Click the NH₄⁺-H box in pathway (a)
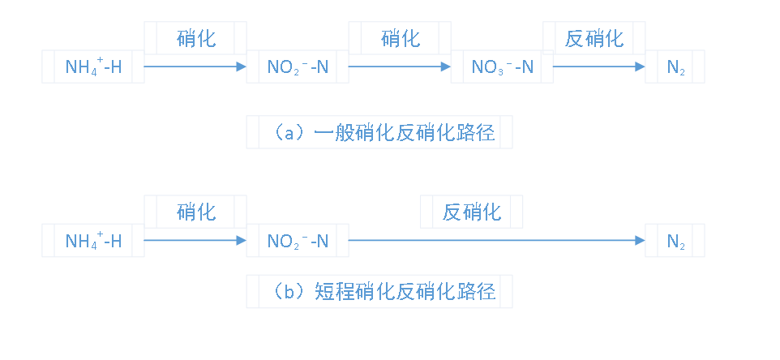(93, 66)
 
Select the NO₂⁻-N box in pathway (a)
(298, 66)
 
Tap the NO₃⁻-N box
(502, 66)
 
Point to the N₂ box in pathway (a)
(675, 66)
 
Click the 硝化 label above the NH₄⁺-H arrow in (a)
(195, 37)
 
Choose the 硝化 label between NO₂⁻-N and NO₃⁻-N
(400, 37)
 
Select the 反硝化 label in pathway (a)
(594, 37)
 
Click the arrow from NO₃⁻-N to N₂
(598, 66)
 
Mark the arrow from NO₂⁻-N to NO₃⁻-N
(400, 66)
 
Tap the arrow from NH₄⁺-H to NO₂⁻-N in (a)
(195, 66)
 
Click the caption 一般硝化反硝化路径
(379, 132)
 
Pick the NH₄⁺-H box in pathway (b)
(93, 241)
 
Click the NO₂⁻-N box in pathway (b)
(298, 241)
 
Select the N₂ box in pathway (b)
(675, 241)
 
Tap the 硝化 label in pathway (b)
(195, 212)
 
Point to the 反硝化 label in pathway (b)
(471, 212)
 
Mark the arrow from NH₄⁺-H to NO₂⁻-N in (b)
(195, 241)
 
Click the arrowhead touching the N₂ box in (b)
(640, 241)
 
